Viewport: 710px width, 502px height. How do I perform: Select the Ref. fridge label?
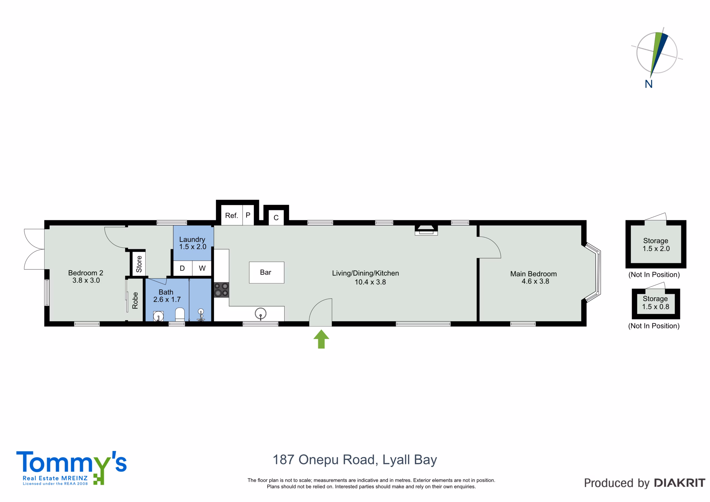(232, 215)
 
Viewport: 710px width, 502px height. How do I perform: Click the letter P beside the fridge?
(248, 215)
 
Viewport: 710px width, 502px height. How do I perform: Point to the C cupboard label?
(276, 217)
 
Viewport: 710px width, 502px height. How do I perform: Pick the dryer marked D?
(182, 268)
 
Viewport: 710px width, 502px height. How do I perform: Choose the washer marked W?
(202, 268)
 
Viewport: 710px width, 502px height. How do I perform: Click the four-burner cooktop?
(221, 290)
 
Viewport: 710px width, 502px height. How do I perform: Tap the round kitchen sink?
(261, 313)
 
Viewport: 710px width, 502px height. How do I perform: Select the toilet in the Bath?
(180, 315)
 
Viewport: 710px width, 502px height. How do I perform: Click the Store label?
(139, 264)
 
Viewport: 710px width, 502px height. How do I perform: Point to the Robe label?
(135, 300)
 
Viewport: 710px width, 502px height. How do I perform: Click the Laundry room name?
(192, 239)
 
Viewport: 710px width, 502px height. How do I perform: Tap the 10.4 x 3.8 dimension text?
(370, 282)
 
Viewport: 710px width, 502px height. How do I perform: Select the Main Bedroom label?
(533, 274)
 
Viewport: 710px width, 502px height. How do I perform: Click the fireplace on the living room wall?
(426, 230)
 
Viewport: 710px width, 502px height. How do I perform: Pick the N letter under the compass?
(649, 84)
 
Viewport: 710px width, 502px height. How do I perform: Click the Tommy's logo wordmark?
(72, 462)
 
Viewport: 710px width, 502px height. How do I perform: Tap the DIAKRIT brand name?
(680, 483)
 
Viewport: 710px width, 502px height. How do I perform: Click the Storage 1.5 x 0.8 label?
(655, 303)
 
